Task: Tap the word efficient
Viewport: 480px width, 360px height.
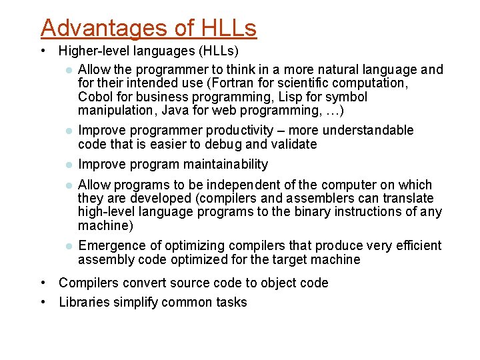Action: [417, 246]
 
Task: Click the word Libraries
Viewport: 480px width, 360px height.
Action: [83, 302]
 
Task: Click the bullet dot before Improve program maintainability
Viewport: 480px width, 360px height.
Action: [67, 165]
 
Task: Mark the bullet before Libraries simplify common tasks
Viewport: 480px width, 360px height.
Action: [43, 302]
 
